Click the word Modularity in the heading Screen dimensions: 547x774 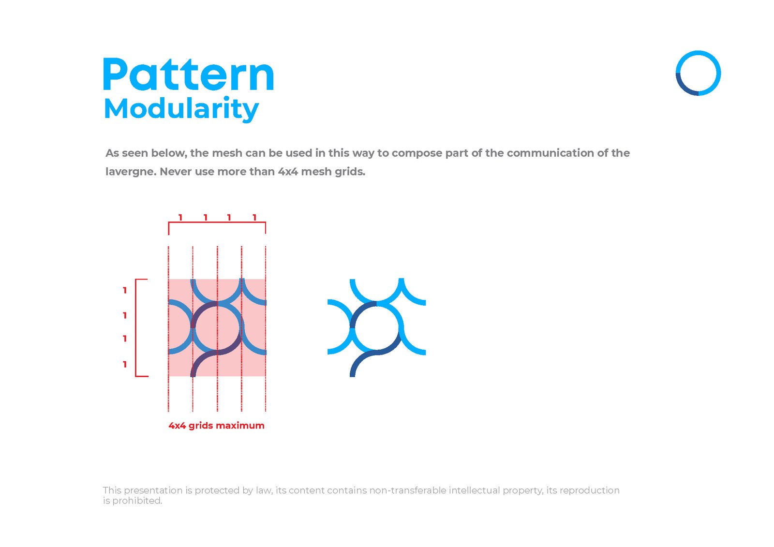181,109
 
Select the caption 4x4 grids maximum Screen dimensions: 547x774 216,426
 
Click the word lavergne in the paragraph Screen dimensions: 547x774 129,172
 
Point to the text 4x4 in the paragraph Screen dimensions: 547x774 287,172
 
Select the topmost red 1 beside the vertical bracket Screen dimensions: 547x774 125,290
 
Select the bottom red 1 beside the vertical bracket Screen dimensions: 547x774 125,364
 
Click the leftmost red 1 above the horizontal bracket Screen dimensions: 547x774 180,218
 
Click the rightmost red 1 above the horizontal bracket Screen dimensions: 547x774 254,218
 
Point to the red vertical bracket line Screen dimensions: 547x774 136,327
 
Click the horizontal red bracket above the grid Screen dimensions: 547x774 217,222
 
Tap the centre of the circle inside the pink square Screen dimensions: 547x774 217,327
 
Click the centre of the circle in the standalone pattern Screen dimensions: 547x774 376,327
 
